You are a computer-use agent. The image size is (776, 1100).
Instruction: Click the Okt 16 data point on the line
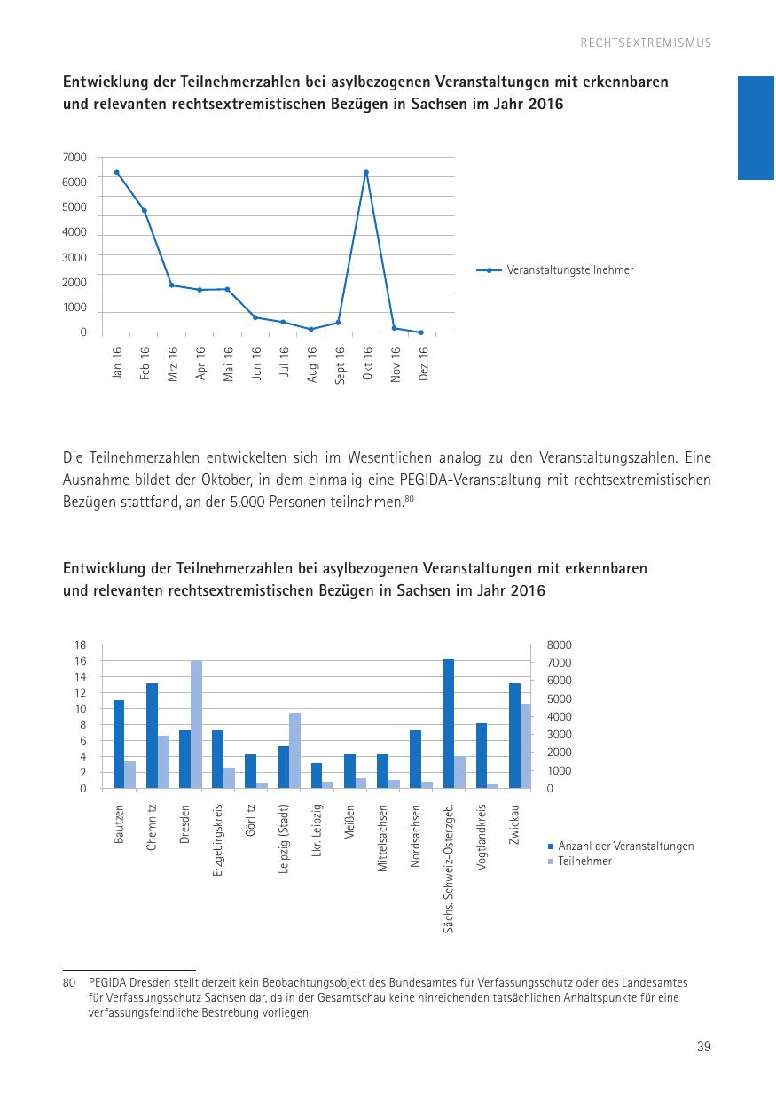366,172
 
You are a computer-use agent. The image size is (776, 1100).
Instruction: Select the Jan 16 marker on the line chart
117,172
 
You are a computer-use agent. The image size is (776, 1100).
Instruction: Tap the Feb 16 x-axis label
145,363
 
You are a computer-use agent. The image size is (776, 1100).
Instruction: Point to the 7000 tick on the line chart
75,158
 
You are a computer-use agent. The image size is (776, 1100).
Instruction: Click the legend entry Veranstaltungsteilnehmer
570,270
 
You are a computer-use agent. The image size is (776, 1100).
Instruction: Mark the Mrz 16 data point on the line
172,285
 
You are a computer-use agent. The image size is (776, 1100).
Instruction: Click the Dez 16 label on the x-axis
423,363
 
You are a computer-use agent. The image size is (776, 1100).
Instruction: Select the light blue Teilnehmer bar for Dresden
197,724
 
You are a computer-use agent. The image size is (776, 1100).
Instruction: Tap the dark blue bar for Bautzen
119,744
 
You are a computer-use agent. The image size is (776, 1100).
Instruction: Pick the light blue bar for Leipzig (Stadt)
295,750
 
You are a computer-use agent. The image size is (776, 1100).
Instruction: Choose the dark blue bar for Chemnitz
152,736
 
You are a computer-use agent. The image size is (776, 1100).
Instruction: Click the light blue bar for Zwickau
526,745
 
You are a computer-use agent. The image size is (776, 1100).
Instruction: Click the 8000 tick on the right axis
560,645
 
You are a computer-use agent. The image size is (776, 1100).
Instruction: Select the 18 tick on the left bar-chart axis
81,645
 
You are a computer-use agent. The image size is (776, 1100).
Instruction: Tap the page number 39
704,1047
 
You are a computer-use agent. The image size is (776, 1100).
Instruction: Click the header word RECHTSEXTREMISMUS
647,43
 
